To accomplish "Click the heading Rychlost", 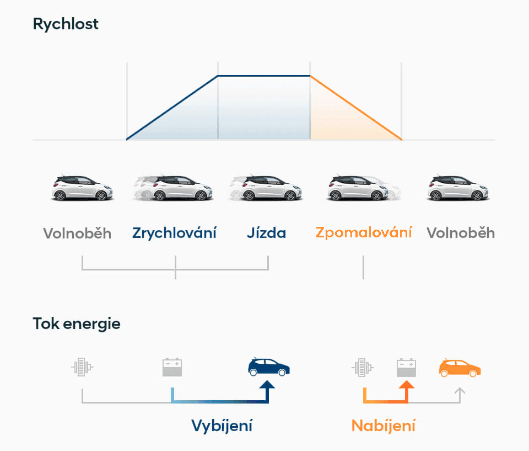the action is [x=66, y=24].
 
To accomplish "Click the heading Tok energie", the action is [x=77, y=324].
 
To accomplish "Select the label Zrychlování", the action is [x=174, y=234].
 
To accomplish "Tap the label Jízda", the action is [x=266, y=233].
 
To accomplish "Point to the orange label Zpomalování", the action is [x=364, y=233].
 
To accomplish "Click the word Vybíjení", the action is [x=222, y=426].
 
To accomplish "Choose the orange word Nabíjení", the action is [x=384, y=426].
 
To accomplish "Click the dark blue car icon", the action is [x=268, y=367].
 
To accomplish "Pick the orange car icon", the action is [x=460, y=368].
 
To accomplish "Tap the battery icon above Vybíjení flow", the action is [x=172, y=367].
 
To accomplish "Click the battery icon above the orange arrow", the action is [x=406, y=368].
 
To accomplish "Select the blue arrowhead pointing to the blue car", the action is [x=267, y=384].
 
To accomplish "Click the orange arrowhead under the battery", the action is [x=407, y=384].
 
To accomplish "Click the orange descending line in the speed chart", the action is [x=356, y=108].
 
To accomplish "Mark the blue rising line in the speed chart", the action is [x=172, y=108].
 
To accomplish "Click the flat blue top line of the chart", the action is [x=264, y=76].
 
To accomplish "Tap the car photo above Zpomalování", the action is [x=364, y=188].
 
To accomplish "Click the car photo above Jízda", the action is [x=266, y=188].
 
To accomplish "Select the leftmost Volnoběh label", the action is [x=77, y=234].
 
